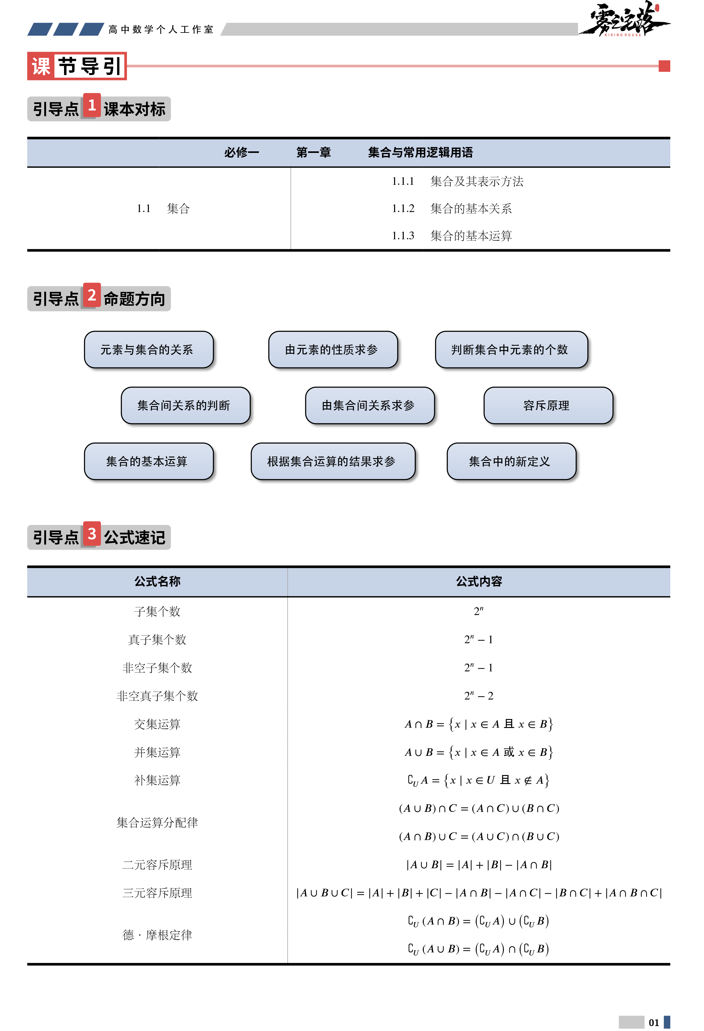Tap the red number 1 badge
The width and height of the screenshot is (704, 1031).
click(x=92, y=105)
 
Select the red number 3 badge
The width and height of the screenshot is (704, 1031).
click(x=92, y=534)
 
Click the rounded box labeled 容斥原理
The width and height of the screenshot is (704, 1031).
click(x=548, y=405)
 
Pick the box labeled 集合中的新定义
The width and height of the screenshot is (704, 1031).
click(x=511, y=461)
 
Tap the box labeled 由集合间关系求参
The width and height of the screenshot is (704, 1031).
click(x=370, y=405)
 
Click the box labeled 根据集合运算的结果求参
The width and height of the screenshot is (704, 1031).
click(x=333, y=461)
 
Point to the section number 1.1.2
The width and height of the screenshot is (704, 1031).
click(x=403, y=209)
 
